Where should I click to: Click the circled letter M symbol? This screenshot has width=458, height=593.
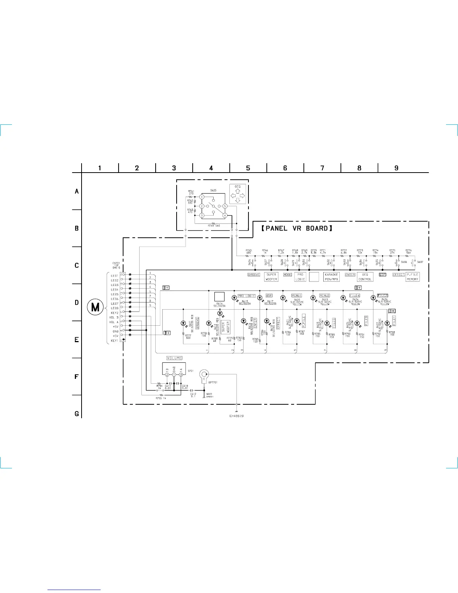coord(95,307)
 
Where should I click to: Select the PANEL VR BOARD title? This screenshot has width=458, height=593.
coord(296,228)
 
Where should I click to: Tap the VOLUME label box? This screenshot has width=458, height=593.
coord(174,358)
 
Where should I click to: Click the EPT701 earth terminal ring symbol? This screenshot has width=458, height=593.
coord(204,374)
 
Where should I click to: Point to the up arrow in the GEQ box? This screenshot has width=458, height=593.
coord(238,191)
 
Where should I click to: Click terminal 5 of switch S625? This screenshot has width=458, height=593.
coord(225,206)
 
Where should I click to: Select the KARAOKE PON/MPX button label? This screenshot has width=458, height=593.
coord(331,277)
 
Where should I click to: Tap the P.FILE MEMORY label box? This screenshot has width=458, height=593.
coord(412,277)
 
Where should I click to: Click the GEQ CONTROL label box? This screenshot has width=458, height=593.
coord(365,277)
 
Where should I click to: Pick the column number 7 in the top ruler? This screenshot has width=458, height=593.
coord(322,168)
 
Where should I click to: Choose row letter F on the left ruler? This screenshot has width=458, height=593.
coord(77,377)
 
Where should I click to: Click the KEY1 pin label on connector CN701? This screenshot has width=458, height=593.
coord(114,341)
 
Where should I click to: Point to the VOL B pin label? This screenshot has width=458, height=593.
coord(114,317)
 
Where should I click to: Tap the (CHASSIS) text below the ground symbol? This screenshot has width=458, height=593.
coord(236,416)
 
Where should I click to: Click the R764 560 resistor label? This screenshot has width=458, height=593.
coord(214,226)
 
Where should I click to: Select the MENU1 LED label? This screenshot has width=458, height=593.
coord(297,296)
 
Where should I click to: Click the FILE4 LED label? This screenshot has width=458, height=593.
coord(355,296)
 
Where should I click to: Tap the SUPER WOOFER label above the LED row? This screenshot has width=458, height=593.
coord(271,277)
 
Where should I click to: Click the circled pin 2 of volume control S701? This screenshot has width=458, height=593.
coord(167,374)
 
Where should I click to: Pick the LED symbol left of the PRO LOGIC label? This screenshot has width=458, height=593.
coord(234,298)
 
